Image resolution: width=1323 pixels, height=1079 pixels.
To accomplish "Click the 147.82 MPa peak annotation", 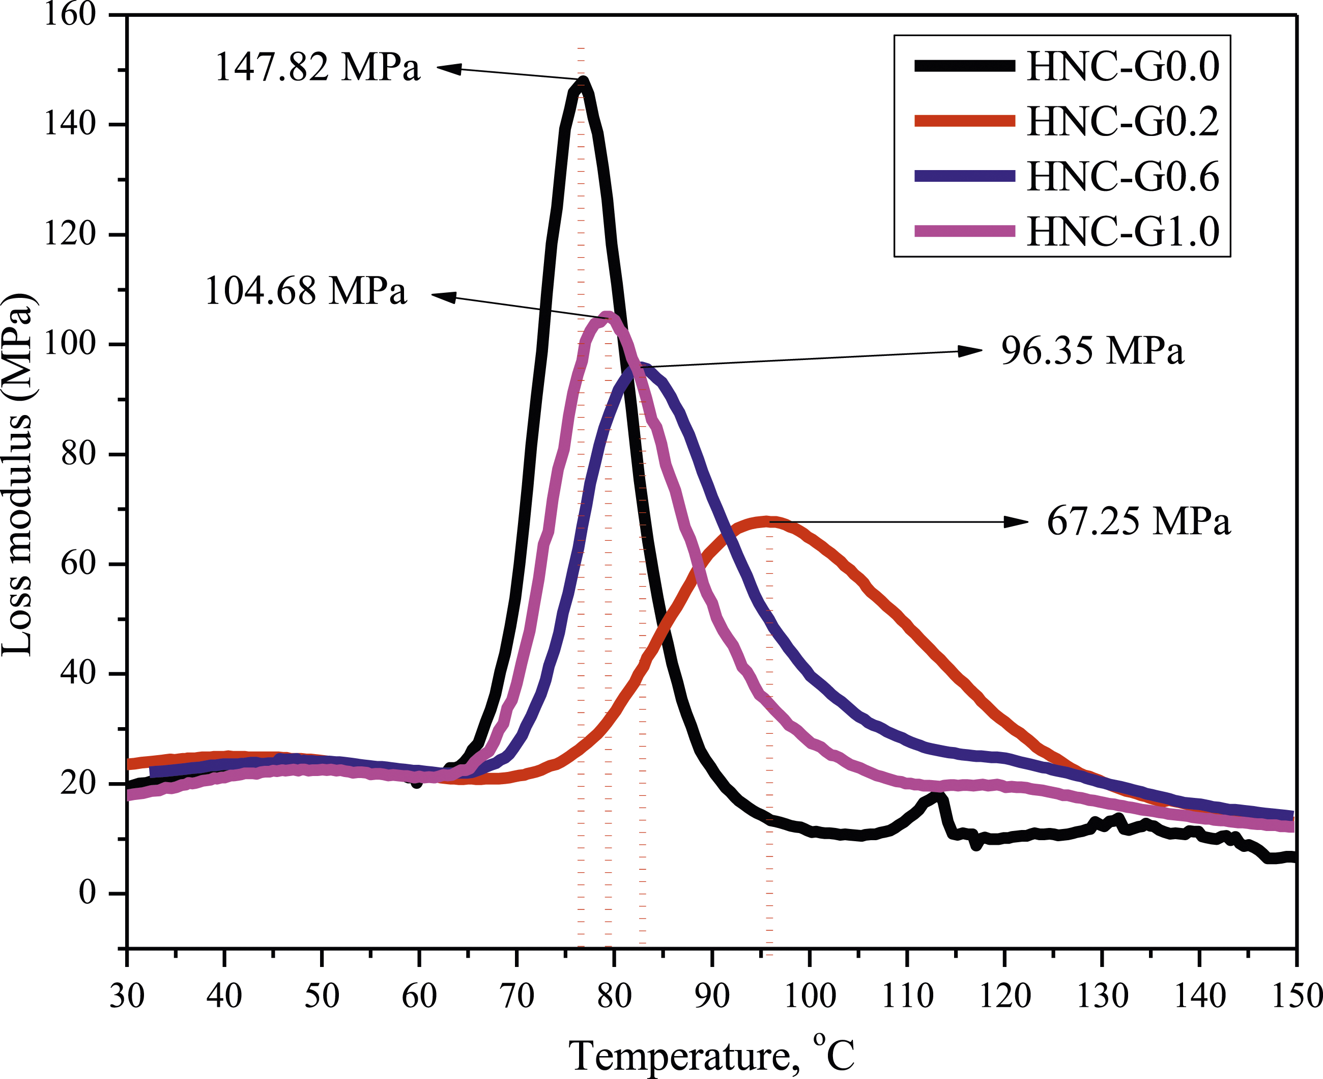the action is click(x=318, y=67).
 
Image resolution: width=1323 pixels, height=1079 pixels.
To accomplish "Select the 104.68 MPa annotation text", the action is click(x=306, y=290).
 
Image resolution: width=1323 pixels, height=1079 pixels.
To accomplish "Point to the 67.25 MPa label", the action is click(x=1138, y=521).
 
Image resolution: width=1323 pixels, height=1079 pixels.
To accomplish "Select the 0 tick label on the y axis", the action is click(x=88, y=893).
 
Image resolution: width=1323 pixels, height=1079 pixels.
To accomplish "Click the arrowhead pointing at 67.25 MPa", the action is click(x=1017, y=522).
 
